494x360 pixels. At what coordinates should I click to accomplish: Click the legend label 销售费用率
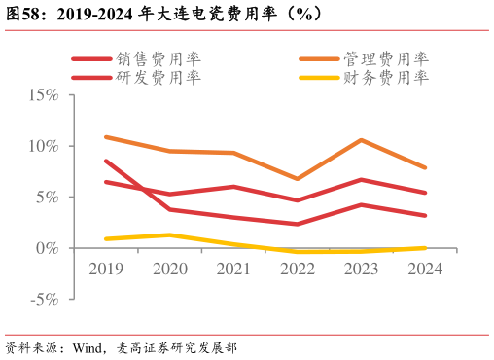click(x=158, y=59)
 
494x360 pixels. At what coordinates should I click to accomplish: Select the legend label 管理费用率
click(x=386, y=59)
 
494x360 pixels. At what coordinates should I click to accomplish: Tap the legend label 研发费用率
click(x=158, y=77)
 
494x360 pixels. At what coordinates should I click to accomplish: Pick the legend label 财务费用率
click(x=386, y=77)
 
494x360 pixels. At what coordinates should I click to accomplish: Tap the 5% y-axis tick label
click(x=48, y=198)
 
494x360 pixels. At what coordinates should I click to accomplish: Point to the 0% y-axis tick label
click(x=48, y=248)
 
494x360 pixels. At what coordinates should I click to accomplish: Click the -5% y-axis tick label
click(x=45, y=299)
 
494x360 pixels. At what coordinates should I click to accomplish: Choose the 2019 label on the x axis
click(x=105, y=269)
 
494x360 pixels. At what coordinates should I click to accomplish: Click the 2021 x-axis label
click(x=233, y=269)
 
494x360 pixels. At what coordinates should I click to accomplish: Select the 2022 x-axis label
click(x=298, y=269)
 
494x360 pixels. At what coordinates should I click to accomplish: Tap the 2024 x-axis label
click(x=425, y=269)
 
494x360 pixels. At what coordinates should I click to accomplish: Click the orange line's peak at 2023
click(x=361, y=140)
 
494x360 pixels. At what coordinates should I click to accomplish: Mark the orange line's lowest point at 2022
click(x=298, y=179)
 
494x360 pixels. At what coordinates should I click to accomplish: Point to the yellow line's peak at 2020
click(x=169, y=234)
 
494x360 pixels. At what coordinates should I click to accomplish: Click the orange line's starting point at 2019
click(x=105, y=137)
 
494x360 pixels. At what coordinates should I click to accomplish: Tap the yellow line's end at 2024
click(x=425, y=248)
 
